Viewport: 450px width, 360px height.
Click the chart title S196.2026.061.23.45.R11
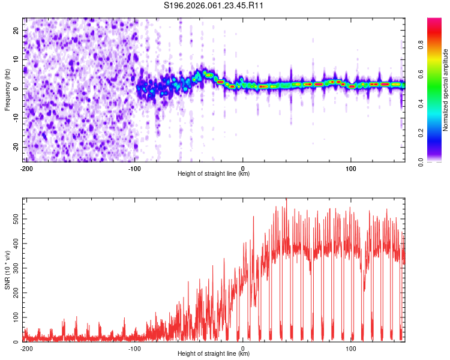(x=214, y=5)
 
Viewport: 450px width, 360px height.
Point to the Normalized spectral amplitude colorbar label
(x=445, y=90)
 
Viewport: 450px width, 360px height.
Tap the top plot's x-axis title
(x=214, y=174)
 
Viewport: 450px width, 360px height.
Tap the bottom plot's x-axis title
(x=214, y=354)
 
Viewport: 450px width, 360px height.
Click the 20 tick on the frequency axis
(x=16, y=30)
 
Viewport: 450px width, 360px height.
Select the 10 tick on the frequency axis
(x=16, y=59)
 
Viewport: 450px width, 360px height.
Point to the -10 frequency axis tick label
(x=15, y=118)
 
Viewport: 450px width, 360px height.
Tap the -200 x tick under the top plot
(x=26, y=168)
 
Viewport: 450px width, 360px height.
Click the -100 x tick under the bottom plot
(x=134, y=348)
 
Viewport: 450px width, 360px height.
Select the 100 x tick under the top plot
(x=351, y=168)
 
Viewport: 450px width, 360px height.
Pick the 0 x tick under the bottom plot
(x=243, y=348)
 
